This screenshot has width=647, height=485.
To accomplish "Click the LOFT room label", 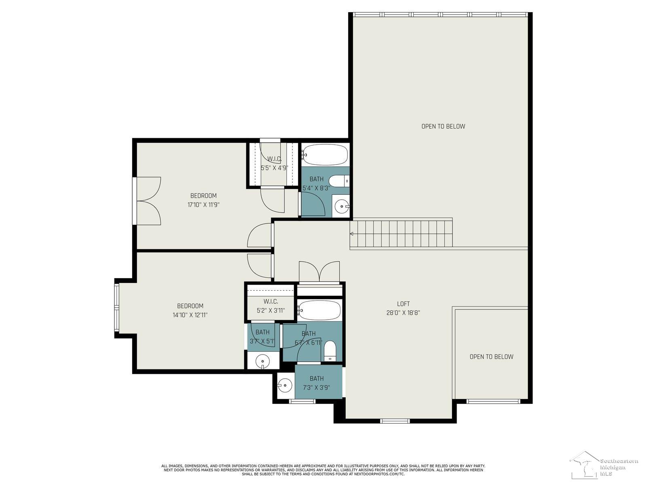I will (x=403, y=304).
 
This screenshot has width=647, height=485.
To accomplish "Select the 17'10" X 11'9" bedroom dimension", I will (x=203, y=205).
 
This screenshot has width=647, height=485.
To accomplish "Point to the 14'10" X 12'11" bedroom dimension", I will (x=190, y=315).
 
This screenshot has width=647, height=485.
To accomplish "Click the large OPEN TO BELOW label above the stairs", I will (x=443, y=126).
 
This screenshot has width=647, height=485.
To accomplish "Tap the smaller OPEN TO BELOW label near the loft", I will (x=491, y=356).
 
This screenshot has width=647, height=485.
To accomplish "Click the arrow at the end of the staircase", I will (x=352, y=234).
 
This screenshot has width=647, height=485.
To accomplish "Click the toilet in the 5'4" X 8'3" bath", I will (x=339, y=180).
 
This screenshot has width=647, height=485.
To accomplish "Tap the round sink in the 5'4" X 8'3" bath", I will (x=342, y=207).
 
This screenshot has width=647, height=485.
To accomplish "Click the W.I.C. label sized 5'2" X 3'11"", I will (x=271, y=302).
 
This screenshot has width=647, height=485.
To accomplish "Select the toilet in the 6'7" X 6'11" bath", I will (x=330, y=350).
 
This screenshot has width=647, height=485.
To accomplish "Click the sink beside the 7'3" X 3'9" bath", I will (x=285, y=385).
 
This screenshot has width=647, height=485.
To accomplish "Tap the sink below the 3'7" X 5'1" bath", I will (x=263, y=361).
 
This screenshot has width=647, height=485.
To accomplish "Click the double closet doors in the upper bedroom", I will (x=149, y=200).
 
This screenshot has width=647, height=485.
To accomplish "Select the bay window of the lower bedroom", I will (x=117, y=308).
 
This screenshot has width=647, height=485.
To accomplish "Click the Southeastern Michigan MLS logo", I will (x=603, y=467).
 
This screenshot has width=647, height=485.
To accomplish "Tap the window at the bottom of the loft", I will (x=395, y=421).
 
